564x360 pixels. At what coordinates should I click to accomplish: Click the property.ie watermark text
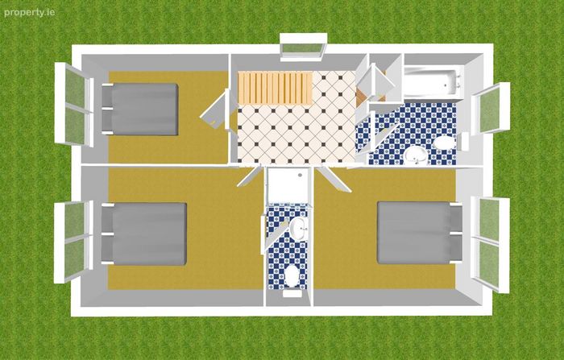tap(30, 13)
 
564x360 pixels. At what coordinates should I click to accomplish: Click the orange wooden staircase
tap(275, 88)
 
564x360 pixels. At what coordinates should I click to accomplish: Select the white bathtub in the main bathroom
tap(433, 81)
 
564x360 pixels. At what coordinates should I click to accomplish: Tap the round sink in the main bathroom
tap(416, 155)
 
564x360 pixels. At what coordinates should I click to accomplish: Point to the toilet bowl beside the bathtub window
tap(445, 143)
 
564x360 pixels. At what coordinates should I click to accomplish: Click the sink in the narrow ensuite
tap(299, 228)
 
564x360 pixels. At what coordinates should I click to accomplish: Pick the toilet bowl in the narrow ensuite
tap(292, 276)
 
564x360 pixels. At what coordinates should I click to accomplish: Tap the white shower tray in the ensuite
tap(288, 185)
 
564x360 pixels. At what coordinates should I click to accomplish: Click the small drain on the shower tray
tap(300, 175)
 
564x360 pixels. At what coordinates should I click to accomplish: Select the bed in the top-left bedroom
tap(140, 110)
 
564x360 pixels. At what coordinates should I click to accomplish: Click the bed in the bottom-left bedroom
tap(144, 234)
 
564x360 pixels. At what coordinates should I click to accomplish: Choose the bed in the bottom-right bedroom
tap(420, 233)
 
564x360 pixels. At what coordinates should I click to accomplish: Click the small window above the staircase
tap(303, 47)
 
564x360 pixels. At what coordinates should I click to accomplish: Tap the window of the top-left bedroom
tap(74, 105)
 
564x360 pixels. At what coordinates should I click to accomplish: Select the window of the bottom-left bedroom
tap(74, 242)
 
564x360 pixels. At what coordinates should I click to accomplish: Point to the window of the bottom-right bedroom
tap(490, 244)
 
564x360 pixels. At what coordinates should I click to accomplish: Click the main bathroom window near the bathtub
tap(491, 108)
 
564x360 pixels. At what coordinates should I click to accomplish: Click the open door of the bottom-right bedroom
tap(334, 179)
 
